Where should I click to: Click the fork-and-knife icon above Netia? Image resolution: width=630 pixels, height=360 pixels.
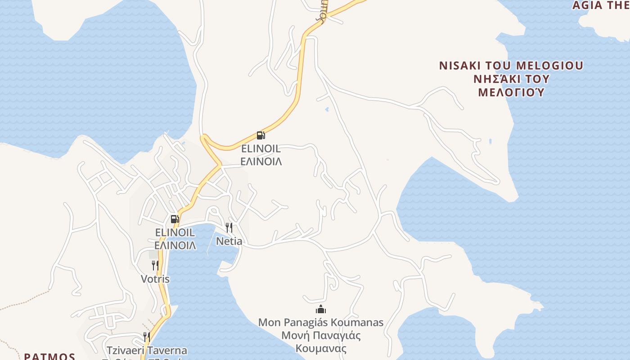pyautogui.click(x=229, y=227)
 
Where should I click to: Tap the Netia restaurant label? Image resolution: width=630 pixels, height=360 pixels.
pyautogui.click(x=229, y=241)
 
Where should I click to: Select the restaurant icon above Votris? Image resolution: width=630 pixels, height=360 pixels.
pyautogui.click(x=155, y=265)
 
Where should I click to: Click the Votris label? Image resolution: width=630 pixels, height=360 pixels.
pyautogui.click(x=155, y=279)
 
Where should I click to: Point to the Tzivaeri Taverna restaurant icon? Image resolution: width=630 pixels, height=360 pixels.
pyautogui.click(x=147, y=337)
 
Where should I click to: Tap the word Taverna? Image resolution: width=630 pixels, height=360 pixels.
pyautogui.click(x=168, y=350)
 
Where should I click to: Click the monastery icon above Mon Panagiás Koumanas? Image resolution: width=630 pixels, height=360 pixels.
pyautogui.click(x=321, y=309)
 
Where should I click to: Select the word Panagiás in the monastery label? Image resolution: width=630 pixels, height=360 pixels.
pyautogui.click(x=306, y=323)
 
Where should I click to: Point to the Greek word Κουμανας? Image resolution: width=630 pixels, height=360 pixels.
pyautogui.click(x=321, y=348)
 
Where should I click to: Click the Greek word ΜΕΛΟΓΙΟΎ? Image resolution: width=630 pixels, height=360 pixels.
pyautogui.click(x=511, y=93)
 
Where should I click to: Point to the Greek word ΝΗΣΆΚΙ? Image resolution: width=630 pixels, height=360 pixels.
pyautogui.click(x=496, y=79)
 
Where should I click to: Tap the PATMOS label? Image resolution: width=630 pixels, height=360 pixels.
pyautogui.click(x=49, y=356)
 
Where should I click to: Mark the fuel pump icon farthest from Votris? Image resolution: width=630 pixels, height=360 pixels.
pyautogui.click(x=261, y=135)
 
